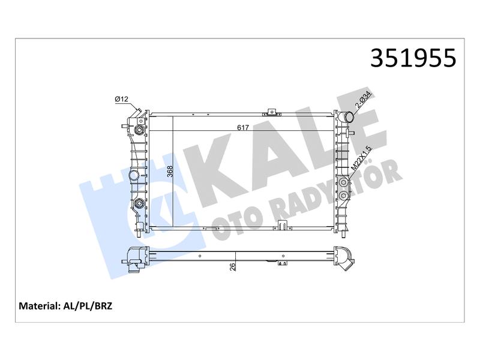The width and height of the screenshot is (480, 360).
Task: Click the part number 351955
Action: coord(413,58)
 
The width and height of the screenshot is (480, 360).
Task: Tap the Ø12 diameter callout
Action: coord(121,99)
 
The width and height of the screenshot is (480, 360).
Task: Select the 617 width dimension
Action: coord(243,127)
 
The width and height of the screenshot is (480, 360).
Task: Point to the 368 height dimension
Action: coord(170,172)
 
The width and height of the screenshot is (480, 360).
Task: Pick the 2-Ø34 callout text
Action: coord(363,101)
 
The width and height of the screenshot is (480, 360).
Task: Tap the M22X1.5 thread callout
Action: coord(361,158)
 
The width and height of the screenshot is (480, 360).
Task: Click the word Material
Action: coord(38,306)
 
